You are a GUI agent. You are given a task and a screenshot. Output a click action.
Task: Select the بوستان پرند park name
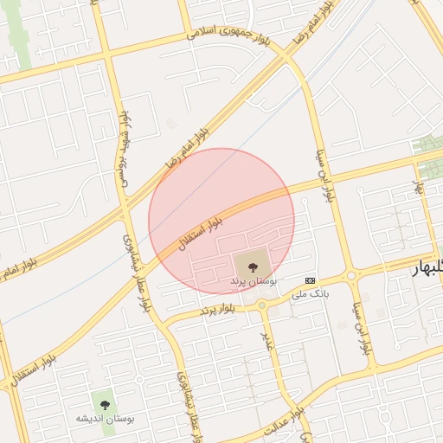[254, 282]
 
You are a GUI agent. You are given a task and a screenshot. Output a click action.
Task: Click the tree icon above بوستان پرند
[253, 266]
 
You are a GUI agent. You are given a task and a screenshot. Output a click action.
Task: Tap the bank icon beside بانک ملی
[311, 280]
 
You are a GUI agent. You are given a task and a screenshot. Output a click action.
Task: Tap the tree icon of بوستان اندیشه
[106, 403]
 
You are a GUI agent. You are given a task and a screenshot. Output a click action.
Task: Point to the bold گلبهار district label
[428, 269]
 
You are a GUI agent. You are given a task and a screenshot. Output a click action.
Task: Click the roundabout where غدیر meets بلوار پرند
[261, 305]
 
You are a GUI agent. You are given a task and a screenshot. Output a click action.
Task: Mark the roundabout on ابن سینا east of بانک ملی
[351, 277]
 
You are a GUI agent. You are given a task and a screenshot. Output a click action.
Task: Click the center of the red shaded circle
[221, 221]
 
